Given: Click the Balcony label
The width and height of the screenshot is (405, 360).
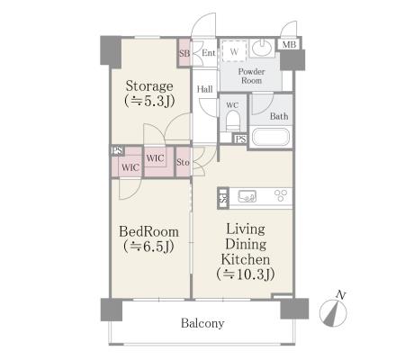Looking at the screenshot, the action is pos(202,323).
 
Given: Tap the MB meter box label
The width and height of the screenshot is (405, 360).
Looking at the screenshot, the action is pos(289,45).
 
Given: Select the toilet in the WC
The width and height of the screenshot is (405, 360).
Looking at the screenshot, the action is pos(232,121).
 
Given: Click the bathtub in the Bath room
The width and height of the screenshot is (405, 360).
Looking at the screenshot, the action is pos(270,137).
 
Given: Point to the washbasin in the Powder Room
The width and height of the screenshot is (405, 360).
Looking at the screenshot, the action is pos(261,48).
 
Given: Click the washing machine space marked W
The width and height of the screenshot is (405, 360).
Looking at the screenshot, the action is pos(234,50).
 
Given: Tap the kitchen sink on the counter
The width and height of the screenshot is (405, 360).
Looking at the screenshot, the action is pos(247,196).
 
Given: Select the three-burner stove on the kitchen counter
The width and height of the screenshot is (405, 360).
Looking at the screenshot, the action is pos(281,195).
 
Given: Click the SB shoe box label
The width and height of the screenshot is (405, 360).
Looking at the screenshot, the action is pos(184,53).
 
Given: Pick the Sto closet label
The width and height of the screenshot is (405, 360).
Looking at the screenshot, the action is pos(183,162).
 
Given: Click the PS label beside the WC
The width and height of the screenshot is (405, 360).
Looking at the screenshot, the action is pos(241,139).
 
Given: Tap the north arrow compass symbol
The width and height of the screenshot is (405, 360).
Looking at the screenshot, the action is pos(333,312).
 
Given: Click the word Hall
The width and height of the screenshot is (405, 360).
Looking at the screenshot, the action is pos(205,89).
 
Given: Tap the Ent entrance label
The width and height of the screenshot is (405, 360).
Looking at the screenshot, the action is pos(209,53).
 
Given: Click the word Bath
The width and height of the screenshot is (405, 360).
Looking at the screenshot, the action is pos(279,116).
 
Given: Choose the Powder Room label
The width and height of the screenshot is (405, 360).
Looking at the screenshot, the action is pos(251,76).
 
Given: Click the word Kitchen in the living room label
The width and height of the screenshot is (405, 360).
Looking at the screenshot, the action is pos(246,259).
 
